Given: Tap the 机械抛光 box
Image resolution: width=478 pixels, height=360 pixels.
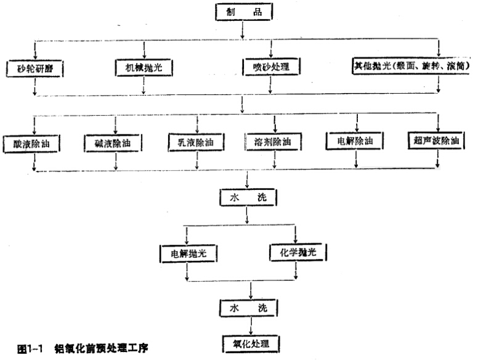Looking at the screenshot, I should click(144, 65).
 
